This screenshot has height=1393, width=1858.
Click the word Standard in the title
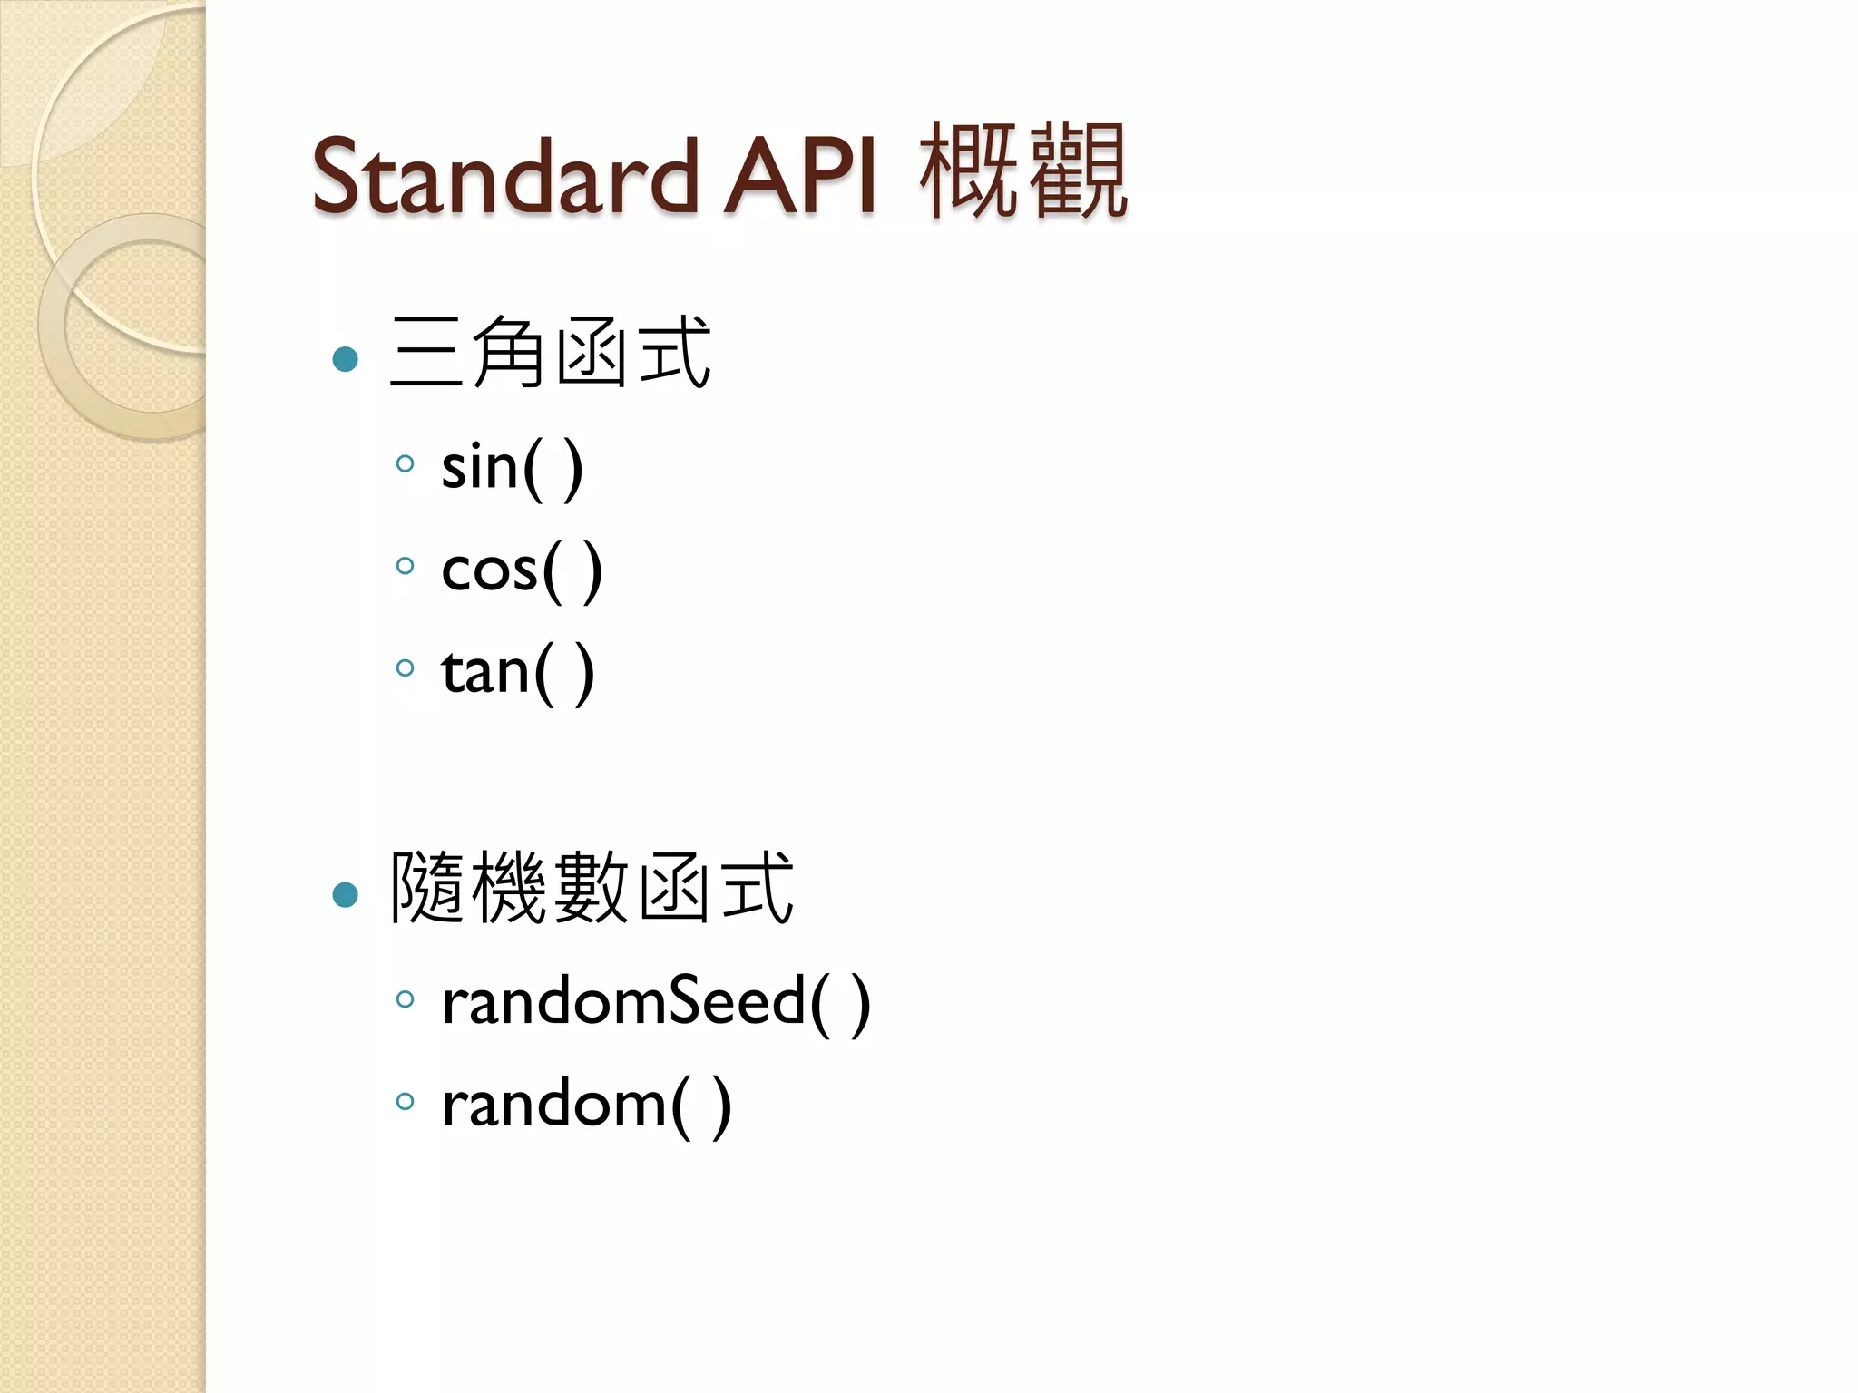coord(504,177)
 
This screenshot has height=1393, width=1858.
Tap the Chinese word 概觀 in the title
coord(1023,172)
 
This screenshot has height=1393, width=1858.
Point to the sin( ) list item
coord(512,468)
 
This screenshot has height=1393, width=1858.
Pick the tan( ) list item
coord(518,672)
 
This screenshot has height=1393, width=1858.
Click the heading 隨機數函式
coord(592,888)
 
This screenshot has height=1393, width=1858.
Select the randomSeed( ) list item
coord(656,1003)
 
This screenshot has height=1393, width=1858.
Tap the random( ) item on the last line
coord(586,1105)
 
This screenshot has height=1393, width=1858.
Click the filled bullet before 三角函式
coord(346,359)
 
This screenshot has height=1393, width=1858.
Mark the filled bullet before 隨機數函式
coord(346,895)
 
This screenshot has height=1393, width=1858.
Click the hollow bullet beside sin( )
coord(406,464)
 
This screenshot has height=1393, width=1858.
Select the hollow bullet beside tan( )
coord(406,668)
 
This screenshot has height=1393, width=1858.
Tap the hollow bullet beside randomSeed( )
coord(406,999)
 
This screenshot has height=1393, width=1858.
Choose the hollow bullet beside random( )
coord(406,1102)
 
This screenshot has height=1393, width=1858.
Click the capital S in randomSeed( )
coord(691,1001)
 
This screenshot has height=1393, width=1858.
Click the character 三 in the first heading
coord(426,353)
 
